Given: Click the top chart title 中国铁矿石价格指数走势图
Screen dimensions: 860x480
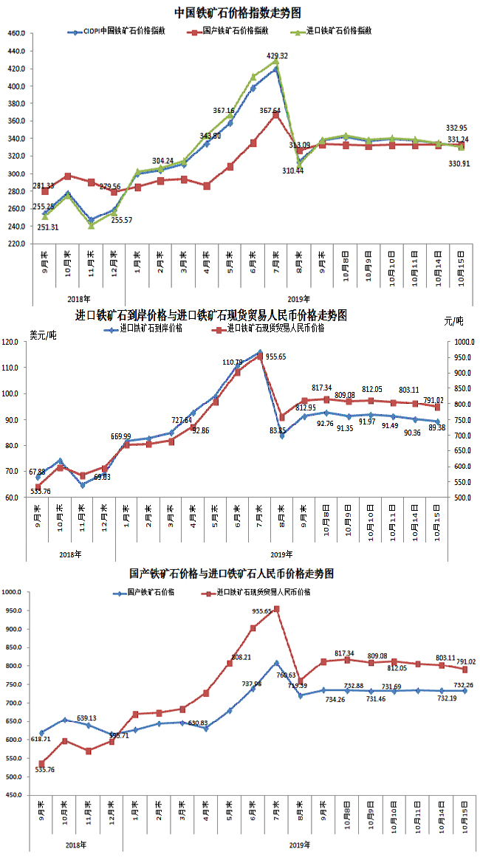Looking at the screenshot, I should (x=238, y=13).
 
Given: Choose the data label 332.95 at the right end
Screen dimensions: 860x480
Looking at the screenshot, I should (x=457, y=127).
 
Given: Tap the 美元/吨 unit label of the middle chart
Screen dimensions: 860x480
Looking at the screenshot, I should (x=42, y=335).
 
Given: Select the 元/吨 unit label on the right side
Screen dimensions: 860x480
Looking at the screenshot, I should (x=454, y=321).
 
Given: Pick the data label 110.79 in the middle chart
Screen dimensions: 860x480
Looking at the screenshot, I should (x=233, y=362).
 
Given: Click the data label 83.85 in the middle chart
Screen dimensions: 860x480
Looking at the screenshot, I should (x=278, y=451).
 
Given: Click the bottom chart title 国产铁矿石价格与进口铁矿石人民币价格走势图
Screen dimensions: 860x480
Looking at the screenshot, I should (x=231, y=574).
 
